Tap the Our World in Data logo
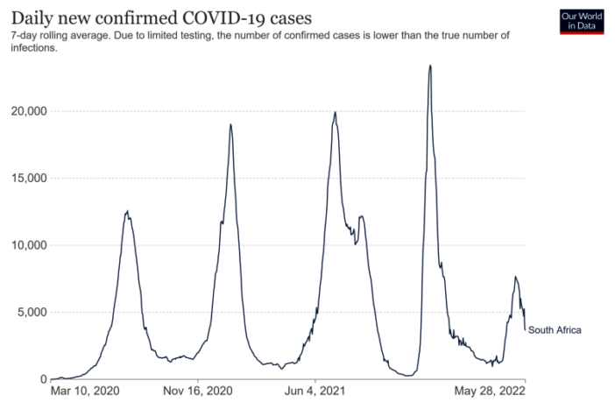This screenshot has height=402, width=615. (x=582, y=21)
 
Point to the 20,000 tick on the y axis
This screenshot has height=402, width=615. (x=26, y=111)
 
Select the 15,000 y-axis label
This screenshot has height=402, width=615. (x=26, y=179)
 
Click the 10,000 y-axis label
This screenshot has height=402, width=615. (x=26, y=245)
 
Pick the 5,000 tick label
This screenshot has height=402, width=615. (x=29, y=313)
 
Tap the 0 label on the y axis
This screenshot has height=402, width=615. (x=42, y=379)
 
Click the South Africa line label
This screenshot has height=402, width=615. (x=555, y=330)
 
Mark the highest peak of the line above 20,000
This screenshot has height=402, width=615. (x=430, y=66)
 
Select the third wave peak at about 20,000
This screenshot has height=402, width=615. (x=336, y=112)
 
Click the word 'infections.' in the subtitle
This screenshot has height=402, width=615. (x=33, y=48)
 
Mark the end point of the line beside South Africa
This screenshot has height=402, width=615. (x=525, y=329)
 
